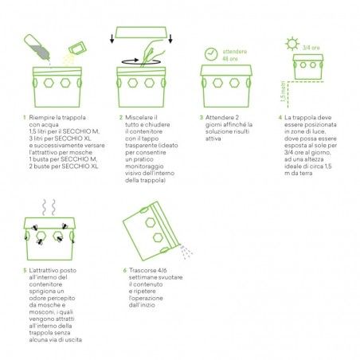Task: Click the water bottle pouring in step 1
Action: coord(37,47)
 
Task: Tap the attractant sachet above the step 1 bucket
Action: coord(77,49)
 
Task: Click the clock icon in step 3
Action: coord(211,54)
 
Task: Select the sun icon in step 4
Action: coord(292,44)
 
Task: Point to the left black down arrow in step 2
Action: coord(112,38)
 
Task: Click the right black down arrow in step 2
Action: coord(170,38)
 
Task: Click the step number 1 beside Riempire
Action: coord(25,118)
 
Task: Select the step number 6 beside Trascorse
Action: coord(125,271)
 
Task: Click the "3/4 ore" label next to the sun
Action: coord(311,48)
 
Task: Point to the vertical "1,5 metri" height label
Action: coord(284,91)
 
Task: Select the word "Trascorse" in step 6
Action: coord(143,271)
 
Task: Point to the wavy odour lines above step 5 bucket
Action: coord(49,207)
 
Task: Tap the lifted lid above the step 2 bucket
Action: coord(141,32)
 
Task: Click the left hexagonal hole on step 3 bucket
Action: coord(217,83)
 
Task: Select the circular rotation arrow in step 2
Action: coord(141,62)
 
